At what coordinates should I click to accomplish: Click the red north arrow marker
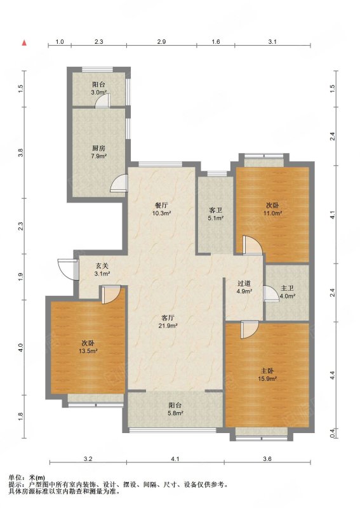24,43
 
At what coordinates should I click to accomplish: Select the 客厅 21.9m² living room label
168,321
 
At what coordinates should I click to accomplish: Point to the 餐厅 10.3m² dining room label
161,210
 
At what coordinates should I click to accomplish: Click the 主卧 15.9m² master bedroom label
267,375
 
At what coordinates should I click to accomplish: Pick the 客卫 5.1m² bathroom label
215,214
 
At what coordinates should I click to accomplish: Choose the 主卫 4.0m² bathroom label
288,292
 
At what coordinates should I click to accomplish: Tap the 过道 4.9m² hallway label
244,287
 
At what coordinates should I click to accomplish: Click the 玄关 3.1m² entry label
102,269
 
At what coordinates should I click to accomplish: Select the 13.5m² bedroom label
88,347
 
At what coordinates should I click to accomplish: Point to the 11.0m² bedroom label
272,210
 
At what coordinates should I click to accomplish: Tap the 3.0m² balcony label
99,88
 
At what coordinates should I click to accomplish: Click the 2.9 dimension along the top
161,42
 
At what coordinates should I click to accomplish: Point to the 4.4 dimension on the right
333,376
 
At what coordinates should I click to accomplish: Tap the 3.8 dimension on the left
21,152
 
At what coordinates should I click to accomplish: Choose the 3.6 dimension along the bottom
267,458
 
